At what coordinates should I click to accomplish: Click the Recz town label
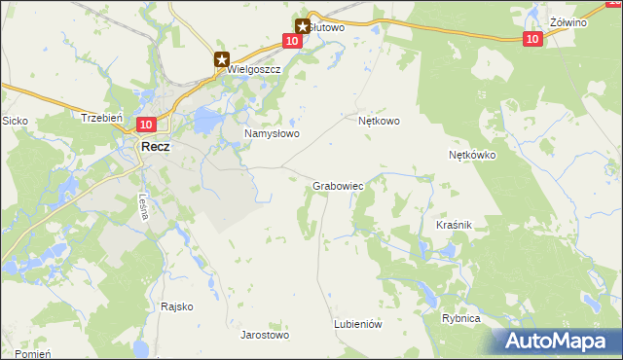(x=156, y=146)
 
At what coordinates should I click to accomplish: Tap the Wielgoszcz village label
(x=253, y=70)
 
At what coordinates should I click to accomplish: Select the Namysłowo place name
(x=271, y=133)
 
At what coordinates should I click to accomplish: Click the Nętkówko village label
(x=473, y=155)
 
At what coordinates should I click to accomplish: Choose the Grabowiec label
(x=338, y=185)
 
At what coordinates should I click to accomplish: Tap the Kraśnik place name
(x=454, y=225)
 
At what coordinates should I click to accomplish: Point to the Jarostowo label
(x=265, y=335)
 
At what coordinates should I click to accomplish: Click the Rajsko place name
(x=177, y=306)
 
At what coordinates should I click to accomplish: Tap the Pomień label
(x=32, y=353)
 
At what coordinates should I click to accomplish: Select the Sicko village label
(x=15, y=121)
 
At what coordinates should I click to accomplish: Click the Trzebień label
(x=101, y=118)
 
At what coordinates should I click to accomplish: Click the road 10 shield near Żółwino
(x=531, y=39)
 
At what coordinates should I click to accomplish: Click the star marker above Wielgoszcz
(x=222, y=58)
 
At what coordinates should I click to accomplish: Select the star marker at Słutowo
(x=303, y=26)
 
